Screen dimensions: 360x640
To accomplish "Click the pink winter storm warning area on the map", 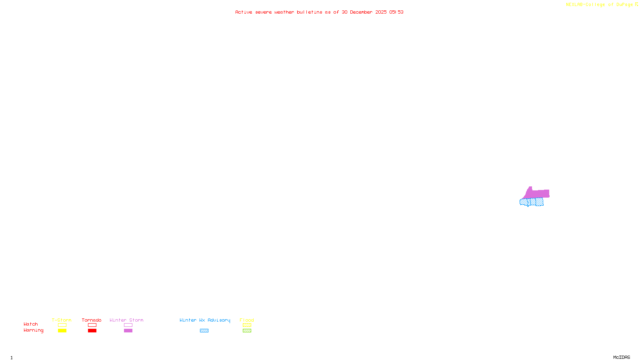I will [538, 194].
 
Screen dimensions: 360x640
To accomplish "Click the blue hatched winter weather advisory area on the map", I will [532, 202].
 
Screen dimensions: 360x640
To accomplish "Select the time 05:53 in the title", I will [396, 12].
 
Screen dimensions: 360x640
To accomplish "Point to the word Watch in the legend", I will [31, 324].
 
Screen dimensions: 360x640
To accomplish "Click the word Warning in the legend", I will [33, 330].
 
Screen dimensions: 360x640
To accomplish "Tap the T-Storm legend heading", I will [62, 320].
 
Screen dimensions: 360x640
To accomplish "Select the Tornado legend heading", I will [92, 320].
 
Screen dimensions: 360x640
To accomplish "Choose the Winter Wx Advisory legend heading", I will [205, 320].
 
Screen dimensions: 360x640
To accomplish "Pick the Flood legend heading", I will [247, 320].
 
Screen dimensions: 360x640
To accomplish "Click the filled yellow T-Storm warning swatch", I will [62, 331].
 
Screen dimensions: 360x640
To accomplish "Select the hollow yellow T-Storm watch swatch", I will [62, 325].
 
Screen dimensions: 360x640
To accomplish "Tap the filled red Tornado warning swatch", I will [92, 331].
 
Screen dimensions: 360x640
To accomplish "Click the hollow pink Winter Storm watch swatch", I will [128, 325].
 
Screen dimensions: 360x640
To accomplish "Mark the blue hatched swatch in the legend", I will [204, 331].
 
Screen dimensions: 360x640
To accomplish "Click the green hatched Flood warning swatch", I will [247, 331].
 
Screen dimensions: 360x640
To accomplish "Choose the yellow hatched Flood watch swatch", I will [247, 325].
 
